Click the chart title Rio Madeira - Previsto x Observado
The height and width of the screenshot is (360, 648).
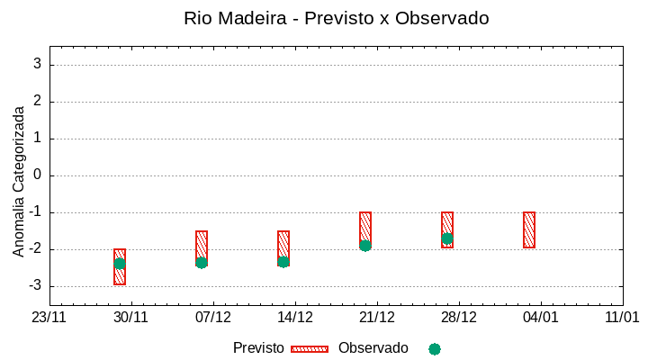pos(336,18)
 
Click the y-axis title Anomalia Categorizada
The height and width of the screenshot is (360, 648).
pos(19,181)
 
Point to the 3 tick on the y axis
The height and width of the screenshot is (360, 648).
pos(38,64)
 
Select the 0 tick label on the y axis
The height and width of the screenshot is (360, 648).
pos(38,175)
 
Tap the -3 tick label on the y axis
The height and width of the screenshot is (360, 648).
pos(33,286)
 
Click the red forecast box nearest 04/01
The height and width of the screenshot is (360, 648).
pos(529,229)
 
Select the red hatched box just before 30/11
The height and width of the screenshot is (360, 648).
pos(120,266)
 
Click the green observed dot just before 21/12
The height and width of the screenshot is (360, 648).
pos(365,246)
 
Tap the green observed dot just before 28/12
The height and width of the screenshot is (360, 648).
pos(447,238)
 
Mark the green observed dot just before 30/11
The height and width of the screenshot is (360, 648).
pos(120,264)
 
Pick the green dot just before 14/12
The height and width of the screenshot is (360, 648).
pos(283,262)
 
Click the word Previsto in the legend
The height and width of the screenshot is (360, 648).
pos(258,348)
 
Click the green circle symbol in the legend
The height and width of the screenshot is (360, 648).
pos(435,348)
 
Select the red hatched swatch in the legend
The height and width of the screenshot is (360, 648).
pos(310,348)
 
